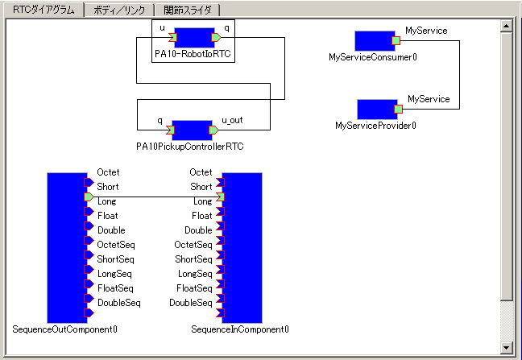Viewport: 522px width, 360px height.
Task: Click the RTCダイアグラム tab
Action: (43, 10)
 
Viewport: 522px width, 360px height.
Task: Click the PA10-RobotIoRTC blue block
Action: (193, 37)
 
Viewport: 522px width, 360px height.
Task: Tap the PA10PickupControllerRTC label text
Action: (190, 147)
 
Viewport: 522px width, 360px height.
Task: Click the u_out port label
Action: (232, 120)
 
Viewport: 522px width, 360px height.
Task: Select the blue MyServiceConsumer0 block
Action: (374, 41)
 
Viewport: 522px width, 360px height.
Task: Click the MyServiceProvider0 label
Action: (375, 126)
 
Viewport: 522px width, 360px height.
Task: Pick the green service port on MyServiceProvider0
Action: (398, 109)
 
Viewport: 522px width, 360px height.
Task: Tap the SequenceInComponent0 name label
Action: (240, 329)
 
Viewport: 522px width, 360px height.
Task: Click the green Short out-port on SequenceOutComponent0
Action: (89, 197)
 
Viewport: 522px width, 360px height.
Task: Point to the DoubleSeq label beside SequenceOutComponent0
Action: (118, 303)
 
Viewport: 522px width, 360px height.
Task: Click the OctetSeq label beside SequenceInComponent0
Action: (193, 245)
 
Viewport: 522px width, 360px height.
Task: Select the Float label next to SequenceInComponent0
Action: (201, 216)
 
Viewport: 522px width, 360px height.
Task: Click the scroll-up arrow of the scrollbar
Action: (506, 26)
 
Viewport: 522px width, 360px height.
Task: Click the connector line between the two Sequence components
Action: (153, 197)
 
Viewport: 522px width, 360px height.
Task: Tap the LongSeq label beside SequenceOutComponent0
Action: (114, 274)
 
